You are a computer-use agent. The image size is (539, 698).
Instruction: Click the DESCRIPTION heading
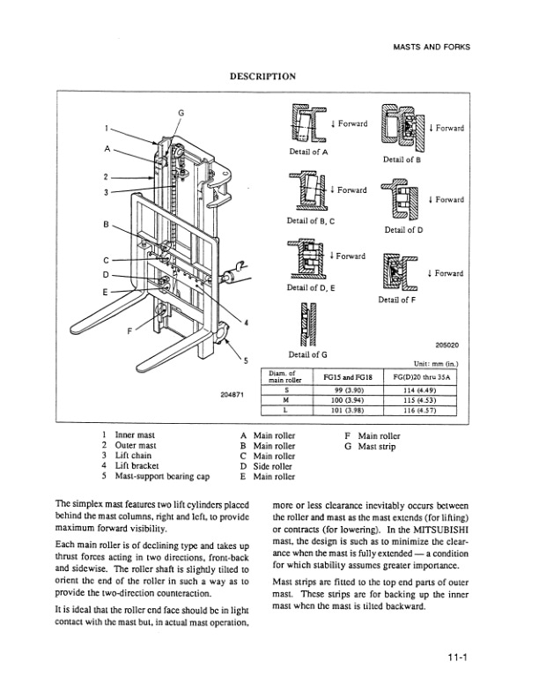click(x=262, y=77)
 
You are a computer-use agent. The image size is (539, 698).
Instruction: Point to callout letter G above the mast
click(x=181, y=112)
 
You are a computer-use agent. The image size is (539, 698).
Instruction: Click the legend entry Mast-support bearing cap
click(x=160, y=477)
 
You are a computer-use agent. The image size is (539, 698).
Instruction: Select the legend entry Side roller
click(x=274, y=466)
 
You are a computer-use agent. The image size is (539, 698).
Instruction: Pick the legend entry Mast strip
click(x=378, y=446)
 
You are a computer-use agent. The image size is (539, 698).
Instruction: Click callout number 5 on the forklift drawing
click(x=245, y=361)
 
